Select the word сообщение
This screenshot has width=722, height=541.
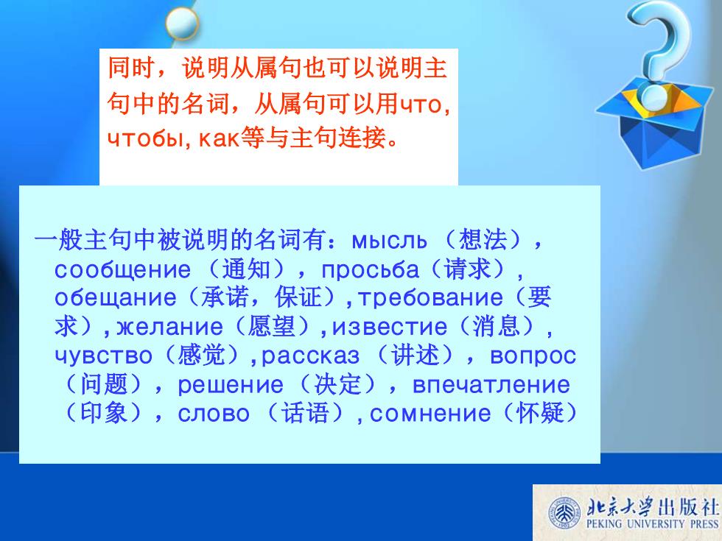(x=122, y=270)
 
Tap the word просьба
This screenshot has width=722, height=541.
(x=370, y=270)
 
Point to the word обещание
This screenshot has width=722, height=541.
(x=115, y=298)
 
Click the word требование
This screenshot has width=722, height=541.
(x=430, y=297)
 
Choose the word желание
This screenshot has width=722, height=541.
(x=170, y=327)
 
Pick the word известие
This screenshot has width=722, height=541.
(x=390, y=327)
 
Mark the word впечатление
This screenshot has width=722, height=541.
(x=491, y=385)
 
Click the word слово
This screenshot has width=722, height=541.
(x=214, y=414)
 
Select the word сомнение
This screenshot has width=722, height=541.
(x=430, y=414)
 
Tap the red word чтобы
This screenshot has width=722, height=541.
(x=146, y=138)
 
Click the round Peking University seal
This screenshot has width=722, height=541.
(x=564, y=513)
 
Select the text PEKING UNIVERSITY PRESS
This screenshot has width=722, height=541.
(x=652, y=524)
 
